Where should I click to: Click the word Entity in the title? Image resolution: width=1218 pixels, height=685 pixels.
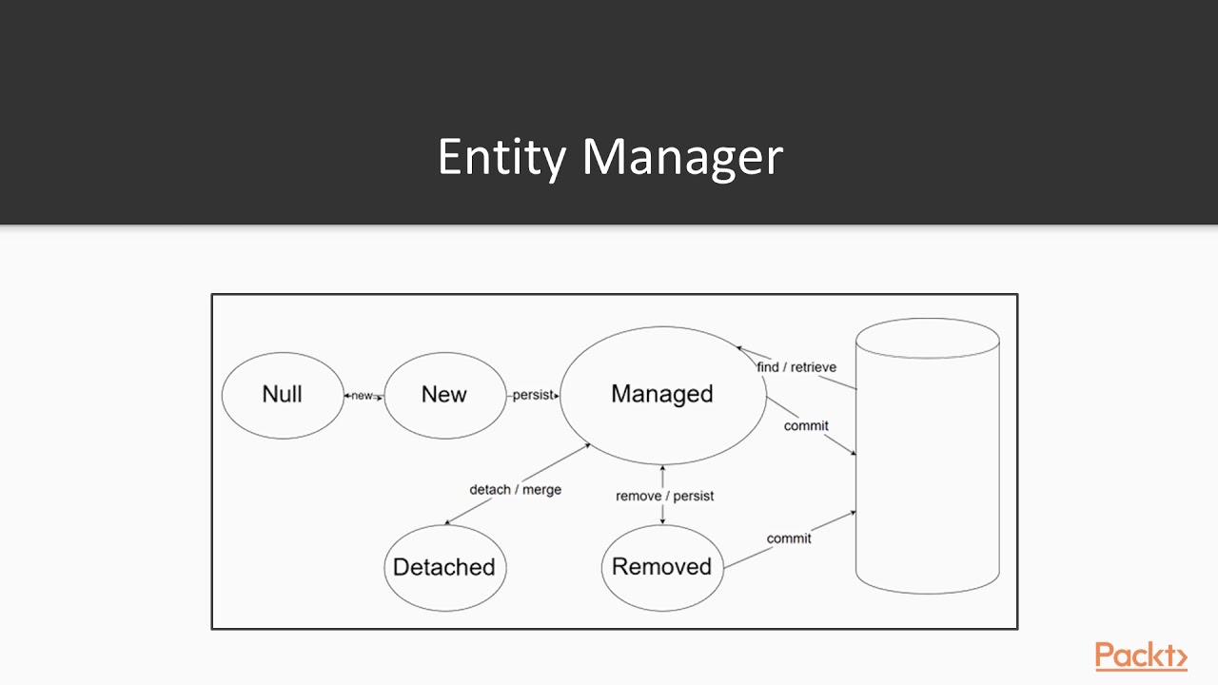pyautogui.click(x=501, y=157)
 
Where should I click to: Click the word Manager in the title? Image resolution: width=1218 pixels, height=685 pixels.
pyautogui.click(x=682, y=157)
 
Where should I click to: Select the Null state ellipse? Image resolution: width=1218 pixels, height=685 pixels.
pyautogui.click(x=283, y=395)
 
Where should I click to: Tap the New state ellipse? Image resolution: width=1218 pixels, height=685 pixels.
pyautogui.click(x=444, y=395)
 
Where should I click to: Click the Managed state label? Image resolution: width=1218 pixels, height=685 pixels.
pyautogui.click(x=662, y=394)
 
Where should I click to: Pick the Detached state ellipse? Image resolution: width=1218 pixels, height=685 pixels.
pyautogui.click(x=444, y=567)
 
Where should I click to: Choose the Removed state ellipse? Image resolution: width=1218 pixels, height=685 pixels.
pyautogui.click(x=662, y=567)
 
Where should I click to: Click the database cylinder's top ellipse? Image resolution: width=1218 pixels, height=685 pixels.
pyautogui.click(x=927, y=338)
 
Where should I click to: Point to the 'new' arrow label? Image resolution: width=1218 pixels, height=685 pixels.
pyautogui.click(x=363, y=396)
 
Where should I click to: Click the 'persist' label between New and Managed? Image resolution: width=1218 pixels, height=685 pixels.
pyautogui.click(x=532, y=395)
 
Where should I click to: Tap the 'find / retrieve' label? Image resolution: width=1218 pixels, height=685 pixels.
pyautogui.click(x=796, y=367)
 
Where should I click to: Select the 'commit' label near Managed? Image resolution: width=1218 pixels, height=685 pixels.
pyautogui.click(x=806, y=425)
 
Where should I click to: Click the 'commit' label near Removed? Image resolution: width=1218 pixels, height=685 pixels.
pyautogui.click(x=789, y=538)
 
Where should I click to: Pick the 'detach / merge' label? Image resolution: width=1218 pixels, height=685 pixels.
pyautogui.click(x=515, y=489)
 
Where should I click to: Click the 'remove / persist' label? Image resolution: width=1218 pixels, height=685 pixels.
pyautogui.click(x=664, y=496)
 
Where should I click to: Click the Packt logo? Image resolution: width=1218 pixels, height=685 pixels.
pyautogui.click(x=1140, y=656)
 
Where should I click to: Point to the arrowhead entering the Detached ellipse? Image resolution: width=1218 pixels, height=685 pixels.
pyautogui.click(x=448, y=522)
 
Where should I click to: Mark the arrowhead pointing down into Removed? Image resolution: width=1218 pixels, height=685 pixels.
pyautogui.click(x=662, y=520)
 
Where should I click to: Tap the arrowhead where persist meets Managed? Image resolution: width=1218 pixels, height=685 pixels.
pyautogui.click(x=556, y=396)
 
